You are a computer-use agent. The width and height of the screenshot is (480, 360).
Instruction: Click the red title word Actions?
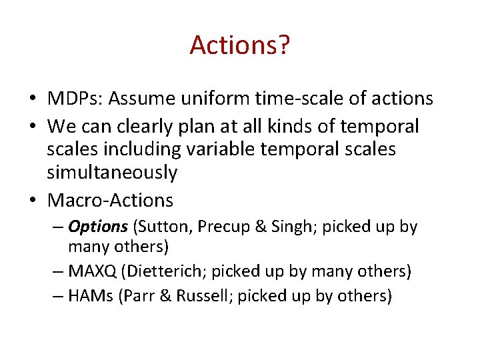pos(239,45)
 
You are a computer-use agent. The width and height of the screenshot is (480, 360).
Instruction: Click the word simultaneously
pos(111,173)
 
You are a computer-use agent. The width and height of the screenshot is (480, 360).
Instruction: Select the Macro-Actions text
pos(110,200)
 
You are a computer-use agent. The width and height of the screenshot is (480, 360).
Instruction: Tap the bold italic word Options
pos(97,227)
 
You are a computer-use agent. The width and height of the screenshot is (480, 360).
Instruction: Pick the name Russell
pos(203,296)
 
